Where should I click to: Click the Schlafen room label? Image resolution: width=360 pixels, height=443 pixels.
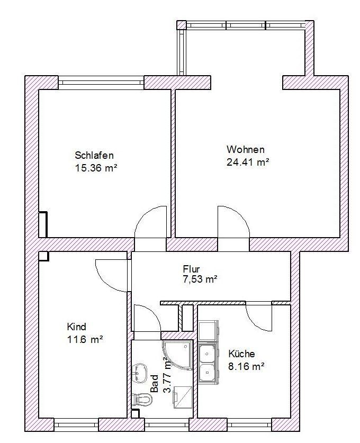(x=94, y=156)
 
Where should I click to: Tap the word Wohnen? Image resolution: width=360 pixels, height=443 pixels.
(x=245, y=149)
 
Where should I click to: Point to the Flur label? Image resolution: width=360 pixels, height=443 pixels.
(x=191, y=268)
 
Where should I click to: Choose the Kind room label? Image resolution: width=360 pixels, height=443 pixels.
(x=76, y=327)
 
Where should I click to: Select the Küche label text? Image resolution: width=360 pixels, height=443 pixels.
(x=241, y=354)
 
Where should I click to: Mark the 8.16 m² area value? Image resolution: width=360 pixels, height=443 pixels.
(x=246, y=366)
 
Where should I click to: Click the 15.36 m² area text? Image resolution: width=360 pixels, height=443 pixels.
(x=96, y=168)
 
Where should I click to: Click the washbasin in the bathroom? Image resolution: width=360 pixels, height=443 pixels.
(x=140, y=372)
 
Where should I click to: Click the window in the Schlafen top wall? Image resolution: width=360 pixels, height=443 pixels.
(x=101, y=82)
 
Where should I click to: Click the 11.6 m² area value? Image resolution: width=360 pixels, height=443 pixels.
(x=85, y=339)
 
